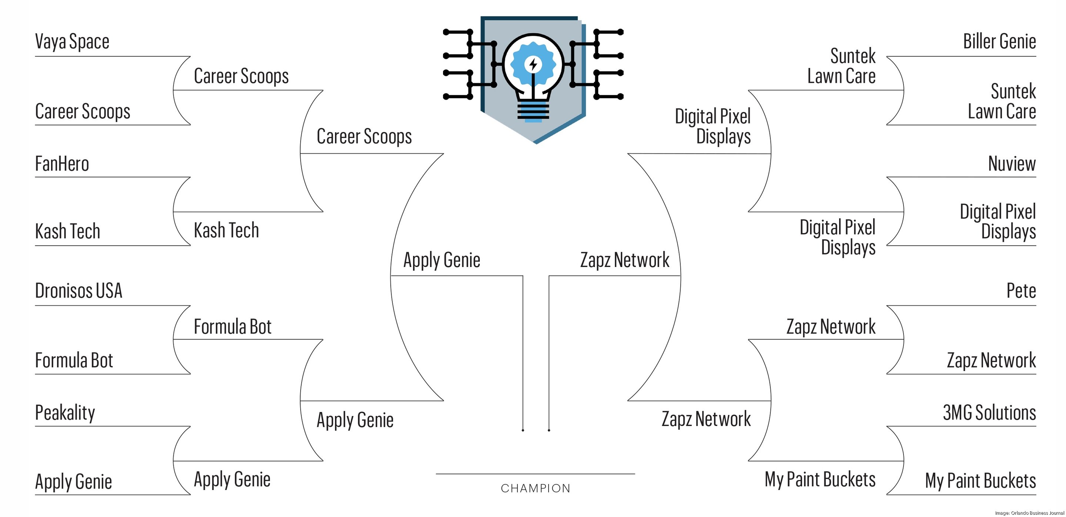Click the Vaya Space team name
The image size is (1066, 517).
(x=72, y=42)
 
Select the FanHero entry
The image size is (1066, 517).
(x=62, y=164)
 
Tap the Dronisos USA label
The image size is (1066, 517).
(x=78, y=291)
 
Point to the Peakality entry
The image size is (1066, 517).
(x=65, y=413)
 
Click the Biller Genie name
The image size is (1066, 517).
(x=999, y=42)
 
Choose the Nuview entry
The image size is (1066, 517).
(x=1012, y=164)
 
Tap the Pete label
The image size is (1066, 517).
(x=1021, y=291)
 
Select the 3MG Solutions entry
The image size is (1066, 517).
(x=989, y=413)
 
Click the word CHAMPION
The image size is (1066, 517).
(x=536, y=489)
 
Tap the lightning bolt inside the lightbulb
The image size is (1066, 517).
(x=533, y=64)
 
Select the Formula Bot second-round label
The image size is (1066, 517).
(x=232, y=327)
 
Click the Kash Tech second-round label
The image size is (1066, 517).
(x=227, y=230)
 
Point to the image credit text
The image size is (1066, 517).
(x=1029, y=513)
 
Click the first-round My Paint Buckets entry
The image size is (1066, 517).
(x=980, y=481)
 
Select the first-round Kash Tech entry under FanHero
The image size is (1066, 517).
(x=67, y=231)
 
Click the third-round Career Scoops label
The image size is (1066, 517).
(x=364, y=136)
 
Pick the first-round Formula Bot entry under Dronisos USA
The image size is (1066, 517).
(x=74, y=361)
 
